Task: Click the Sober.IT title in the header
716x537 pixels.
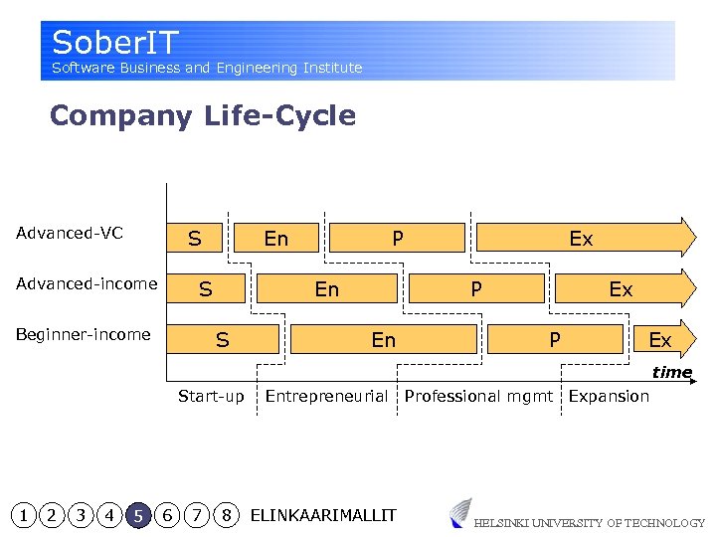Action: pos(115,43)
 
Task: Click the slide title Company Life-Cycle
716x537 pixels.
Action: pos(202,115)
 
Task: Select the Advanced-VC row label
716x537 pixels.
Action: pos(70,234)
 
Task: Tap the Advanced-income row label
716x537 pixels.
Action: pos(87,284)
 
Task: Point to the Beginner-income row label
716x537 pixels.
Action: pos(84,334)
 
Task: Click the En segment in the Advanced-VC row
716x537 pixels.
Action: pos(276,239)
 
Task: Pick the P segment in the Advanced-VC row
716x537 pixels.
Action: pos(398,239)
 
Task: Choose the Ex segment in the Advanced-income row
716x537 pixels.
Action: pos(621,289)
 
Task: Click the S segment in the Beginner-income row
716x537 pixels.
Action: pos(223,340)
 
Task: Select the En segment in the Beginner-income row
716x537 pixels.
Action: pos(384,340)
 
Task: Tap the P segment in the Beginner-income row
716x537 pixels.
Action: pos(555,340)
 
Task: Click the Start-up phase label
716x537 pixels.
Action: pos(211,396)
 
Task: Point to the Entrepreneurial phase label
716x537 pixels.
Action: pos(326,396)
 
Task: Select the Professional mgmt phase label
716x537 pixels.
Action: pos(478,396)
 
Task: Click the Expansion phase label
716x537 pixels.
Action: pos(609,396)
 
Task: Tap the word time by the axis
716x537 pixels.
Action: pos(672,372)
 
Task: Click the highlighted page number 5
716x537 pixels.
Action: pos(139,515)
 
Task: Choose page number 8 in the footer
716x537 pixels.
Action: pos(228,515)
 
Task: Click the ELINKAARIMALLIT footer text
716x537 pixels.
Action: pos(323,515)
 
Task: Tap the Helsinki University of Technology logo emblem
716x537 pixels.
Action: pos(459,513)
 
